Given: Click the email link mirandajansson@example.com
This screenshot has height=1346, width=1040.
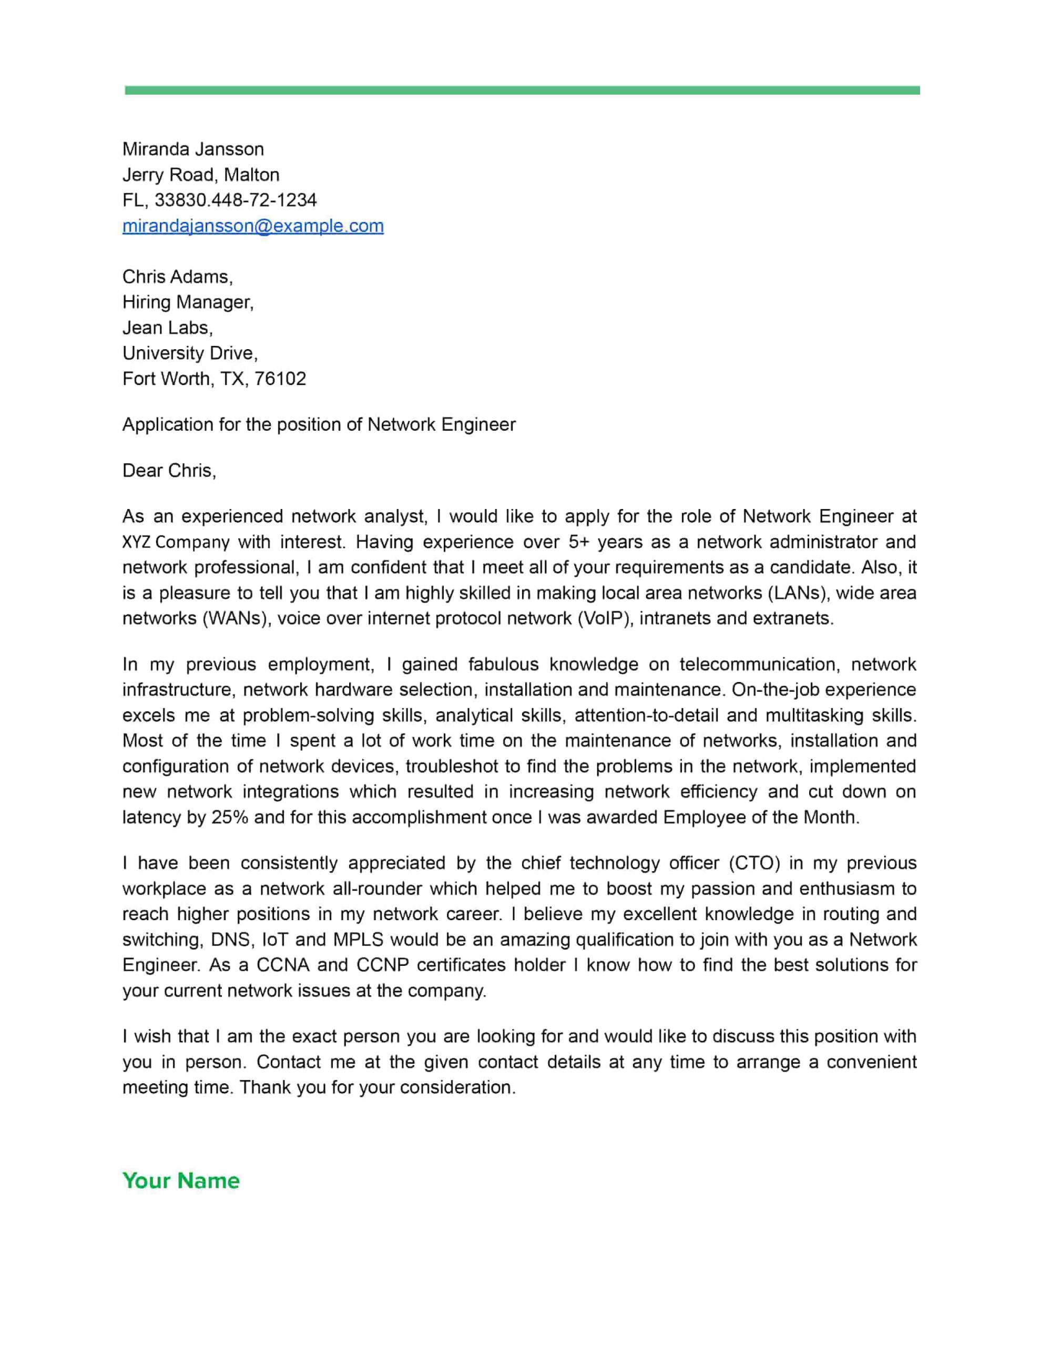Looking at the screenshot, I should coord(253,226).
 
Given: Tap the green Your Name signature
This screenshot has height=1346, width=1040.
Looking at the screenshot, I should coord(181,1180).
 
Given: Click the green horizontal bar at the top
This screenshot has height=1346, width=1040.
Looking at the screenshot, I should coord(522,90).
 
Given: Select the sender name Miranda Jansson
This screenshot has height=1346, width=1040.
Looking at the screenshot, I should coord(193,149).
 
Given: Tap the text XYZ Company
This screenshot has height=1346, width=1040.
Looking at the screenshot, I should coord(176,543).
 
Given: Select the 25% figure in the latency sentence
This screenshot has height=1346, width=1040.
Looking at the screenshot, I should coord(229,818).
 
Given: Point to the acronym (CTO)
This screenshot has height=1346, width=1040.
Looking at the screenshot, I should coord(754,863).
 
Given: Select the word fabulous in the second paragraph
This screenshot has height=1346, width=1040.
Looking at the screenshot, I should coord(503,665).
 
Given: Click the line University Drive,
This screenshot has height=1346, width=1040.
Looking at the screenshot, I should coord(190,353).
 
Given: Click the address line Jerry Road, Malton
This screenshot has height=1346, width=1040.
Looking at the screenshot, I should coord(201,175).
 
